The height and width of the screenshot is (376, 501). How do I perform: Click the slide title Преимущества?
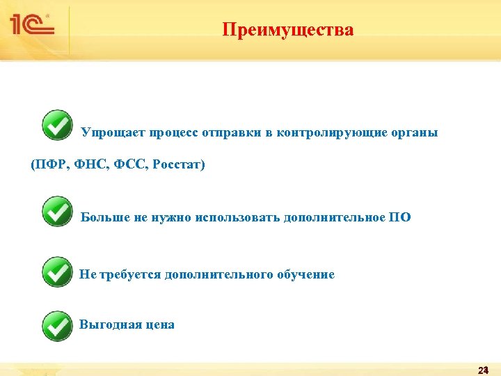(288, 30)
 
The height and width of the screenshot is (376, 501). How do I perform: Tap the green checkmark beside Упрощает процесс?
(57, 125)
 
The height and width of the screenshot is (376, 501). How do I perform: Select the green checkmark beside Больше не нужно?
(57, 211)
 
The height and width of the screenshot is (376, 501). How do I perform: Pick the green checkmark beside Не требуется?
(57, 272)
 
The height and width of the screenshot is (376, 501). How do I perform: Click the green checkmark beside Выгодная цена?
(57, 325)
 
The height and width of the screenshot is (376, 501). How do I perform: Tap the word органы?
(415, 132)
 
